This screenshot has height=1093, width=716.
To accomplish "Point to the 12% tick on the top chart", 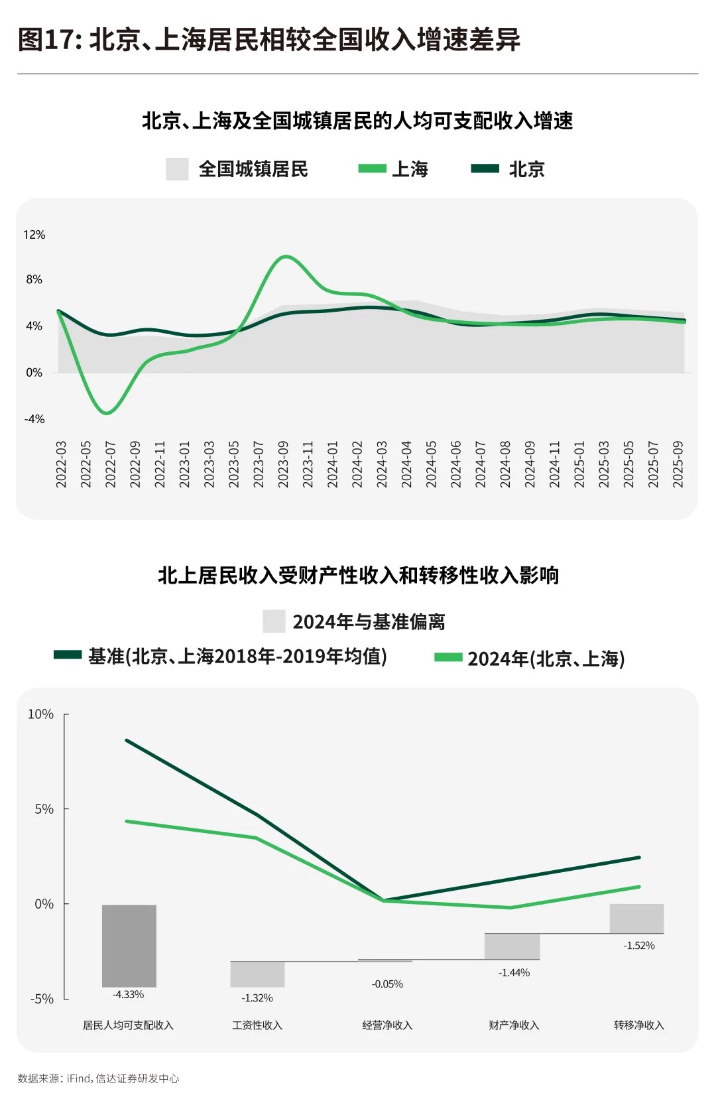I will pos(34,235).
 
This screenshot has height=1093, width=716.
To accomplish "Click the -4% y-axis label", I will pos(34,419).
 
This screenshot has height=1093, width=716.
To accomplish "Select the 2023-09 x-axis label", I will pos(283,464).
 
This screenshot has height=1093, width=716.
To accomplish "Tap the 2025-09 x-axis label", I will pos(678,464).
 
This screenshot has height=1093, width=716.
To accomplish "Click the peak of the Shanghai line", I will pos(285,257).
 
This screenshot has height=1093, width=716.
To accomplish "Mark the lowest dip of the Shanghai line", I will pos(107,413).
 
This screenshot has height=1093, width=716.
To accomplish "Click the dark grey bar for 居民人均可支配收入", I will pos(129,945).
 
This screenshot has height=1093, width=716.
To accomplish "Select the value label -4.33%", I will pos(129,995).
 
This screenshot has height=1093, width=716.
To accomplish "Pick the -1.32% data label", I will pos(257,998).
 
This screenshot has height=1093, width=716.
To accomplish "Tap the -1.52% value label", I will pos(639,946).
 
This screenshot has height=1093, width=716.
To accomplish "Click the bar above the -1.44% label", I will pos(512,946).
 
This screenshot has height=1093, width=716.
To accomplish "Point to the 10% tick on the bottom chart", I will pos(40,714).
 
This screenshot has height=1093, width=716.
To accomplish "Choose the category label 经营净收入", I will pos(387,1025).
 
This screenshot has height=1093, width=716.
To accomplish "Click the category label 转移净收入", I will pos(639,1025).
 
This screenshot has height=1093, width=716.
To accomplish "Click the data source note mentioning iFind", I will pos(98,1078).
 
